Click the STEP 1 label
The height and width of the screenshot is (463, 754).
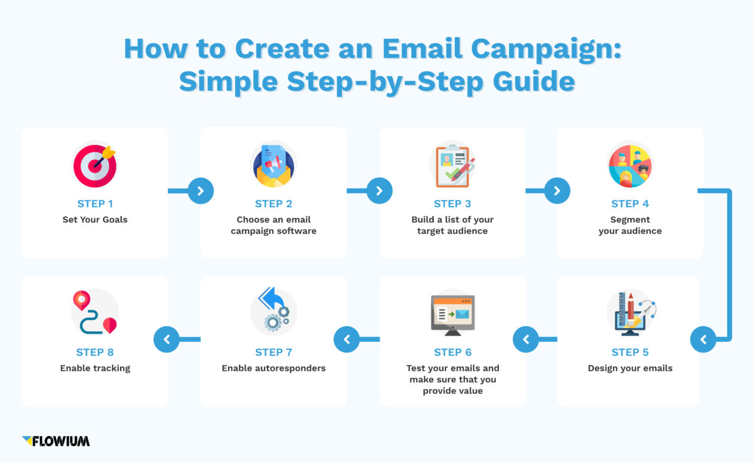[x=95, y=204]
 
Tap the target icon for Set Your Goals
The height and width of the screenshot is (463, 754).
[x=95, y=166]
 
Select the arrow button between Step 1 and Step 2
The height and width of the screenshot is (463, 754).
[x=200, y=191]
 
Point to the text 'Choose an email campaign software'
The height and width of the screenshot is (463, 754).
[x=273, y=225]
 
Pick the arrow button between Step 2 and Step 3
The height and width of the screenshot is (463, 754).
[x=379, y=191]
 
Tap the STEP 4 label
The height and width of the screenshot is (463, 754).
[x=630, y=204]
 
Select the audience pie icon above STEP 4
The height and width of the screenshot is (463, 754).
[x=630, y=166]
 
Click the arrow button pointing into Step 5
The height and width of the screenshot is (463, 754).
[x=703, y=340]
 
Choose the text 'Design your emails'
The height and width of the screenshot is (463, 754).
[x=630, y=368]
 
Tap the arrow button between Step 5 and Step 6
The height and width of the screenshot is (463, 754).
[x=526, y=340]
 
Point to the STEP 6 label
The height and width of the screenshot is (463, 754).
[x=452, y=353]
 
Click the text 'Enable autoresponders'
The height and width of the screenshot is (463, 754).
[x=273, y=368]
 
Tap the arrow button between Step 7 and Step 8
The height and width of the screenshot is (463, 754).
[x=167, y=340]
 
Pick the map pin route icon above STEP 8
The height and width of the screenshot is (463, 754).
[x=95, y=312]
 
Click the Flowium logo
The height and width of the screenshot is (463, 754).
[x=56, y=441]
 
